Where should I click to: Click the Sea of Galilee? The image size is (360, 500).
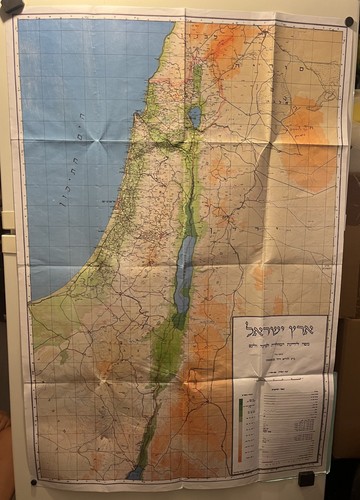tap(194, 116)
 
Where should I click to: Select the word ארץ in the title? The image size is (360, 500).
tap(302, 330)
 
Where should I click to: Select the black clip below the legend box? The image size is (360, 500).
tap(306, 479)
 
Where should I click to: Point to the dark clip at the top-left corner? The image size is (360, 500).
tap(12, 10)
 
